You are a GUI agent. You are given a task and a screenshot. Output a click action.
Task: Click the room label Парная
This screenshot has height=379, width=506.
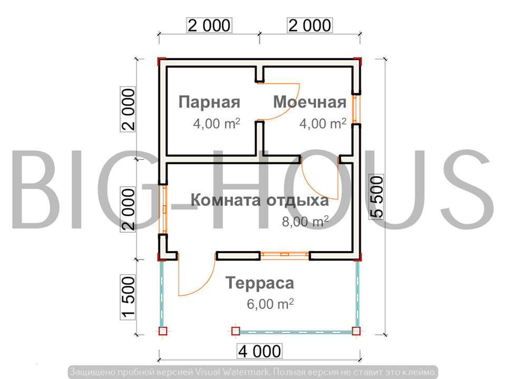[x=209, y=103]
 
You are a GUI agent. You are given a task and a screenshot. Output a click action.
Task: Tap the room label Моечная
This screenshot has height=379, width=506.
[x=310, y=102]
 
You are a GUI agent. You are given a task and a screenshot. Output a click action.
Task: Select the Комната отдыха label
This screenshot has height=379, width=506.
[x=260, y=201]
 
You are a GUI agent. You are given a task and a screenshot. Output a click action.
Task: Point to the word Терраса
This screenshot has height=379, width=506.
[x=260, y=284]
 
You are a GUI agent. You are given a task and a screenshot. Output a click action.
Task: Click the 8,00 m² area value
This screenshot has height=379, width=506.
[x=305, y=222]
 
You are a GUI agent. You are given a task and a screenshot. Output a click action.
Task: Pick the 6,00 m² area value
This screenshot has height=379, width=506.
[x=270, y=304]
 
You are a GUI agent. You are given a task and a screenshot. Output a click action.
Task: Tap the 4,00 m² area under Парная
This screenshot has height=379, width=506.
[x=217, y=123]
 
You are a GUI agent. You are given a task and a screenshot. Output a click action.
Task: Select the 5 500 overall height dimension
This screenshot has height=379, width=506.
[x=376, y=197]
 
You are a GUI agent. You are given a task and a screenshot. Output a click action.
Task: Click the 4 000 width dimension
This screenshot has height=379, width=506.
[x=259, y=351]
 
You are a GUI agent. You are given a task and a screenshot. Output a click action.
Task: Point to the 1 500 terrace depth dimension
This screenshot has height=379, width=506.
[x=128, y=297]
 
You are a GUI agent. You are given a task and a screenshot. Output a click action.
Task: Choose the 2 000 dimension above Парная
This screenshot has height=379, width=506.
[x=209, y=25]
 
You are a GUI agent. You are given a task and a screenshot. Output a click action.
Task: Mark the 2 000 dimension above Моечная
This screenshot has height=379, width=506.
[x=310, y=25]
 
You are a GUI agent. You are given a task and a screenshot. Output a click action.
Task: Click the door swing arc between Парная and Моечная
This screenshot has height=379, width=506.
[x=290, y=108]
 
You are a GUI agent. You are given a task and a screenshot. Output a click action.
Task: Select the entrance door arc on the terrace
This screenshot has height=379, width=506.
[x=203, y=284]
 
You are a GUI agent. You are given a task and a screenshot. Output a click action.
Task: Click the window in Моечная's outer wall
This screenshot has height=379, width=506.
[x=356, y=109]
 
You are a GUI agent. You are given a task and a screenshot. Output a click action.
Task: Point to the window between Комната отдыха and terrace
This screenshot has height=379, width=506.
[x=285, y=255]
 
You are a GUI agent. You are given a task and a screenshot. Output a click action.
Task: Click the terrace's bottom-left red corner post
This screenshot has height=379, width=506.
[x=163, y=331]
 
